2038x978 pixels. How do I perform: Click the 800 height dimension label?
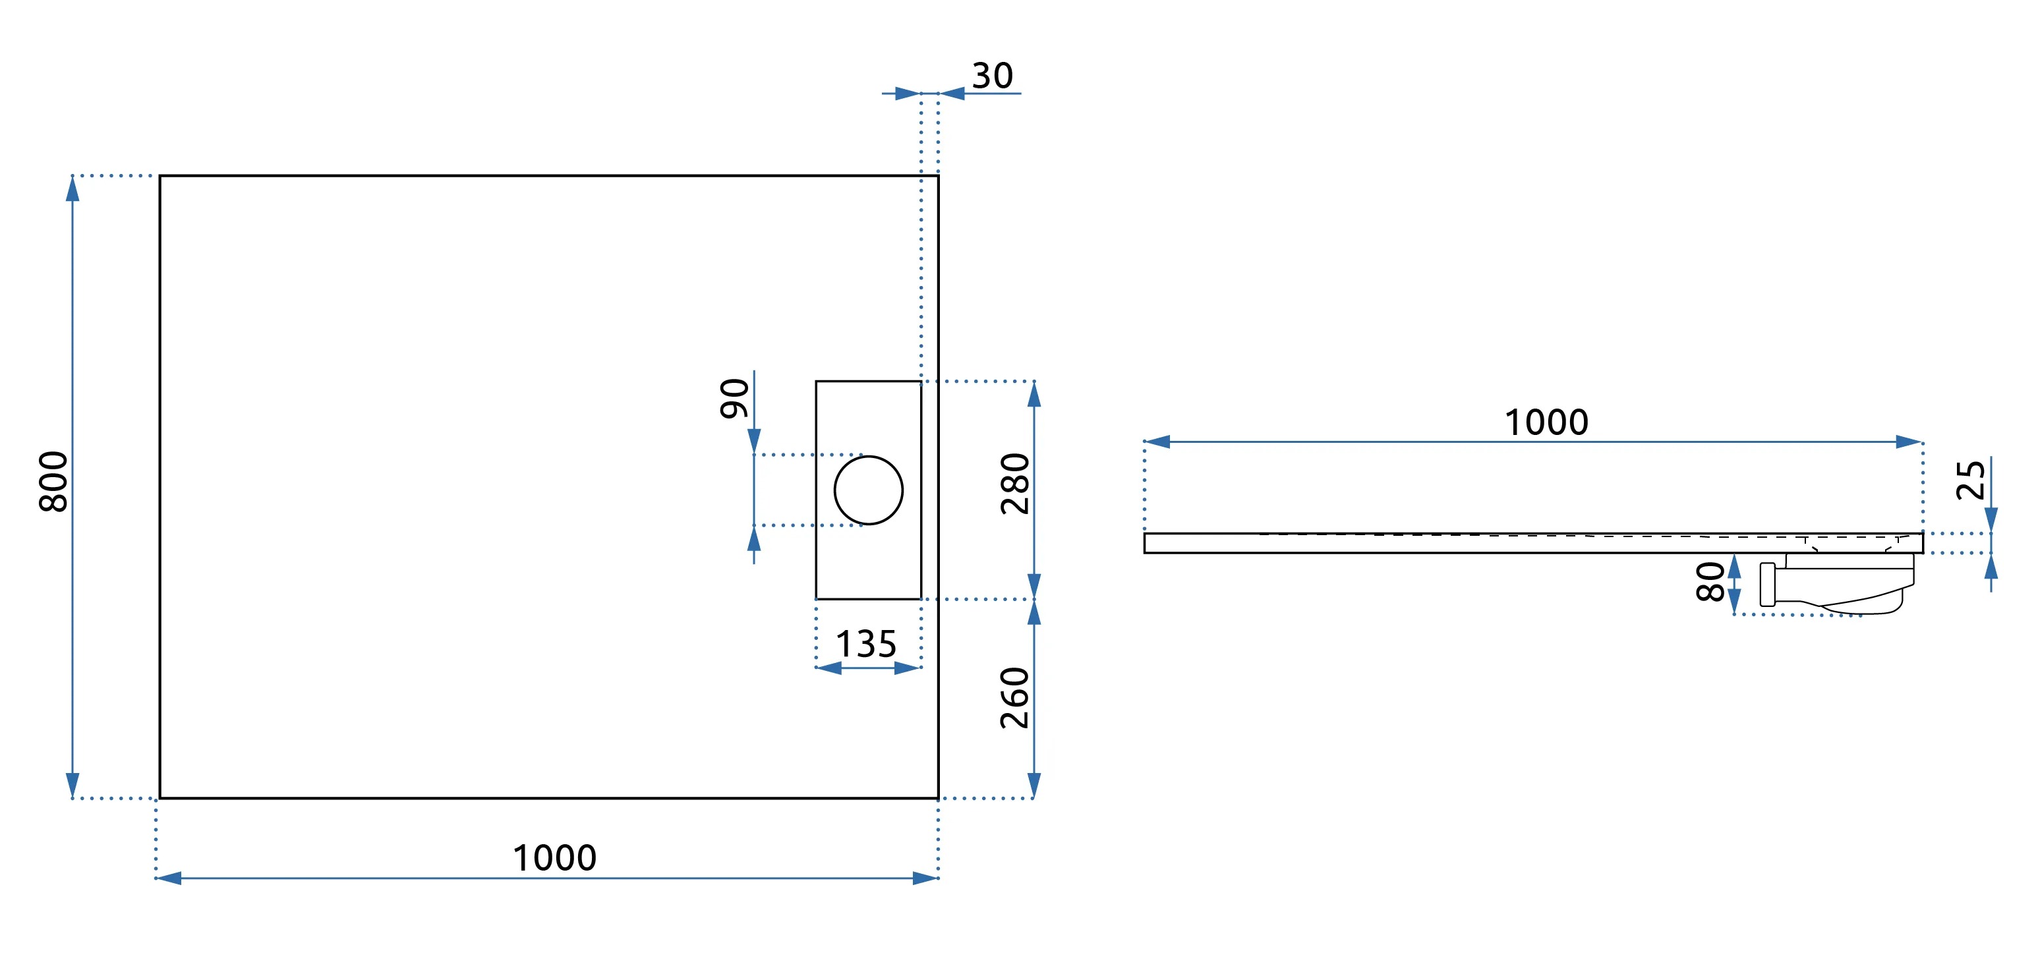tap(54, 481)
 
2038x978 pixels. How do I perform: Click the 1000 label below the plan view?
tap(554, 858)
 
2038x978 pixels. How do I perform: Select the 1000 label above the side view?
tap(1546, 422)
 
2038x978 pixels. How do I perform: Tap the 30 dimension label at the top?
tap(992, 76)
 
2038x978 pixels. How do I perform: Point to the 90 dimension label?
tap(734, 398)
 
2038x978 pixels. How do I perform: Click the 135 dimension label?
tap(866, 644)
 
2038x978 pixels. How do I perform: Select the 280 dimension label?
tap(1015, 484)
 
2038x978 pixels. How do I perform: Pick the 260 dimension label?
tap(1015, 698)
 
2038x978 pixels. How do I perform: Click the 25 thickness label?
tap(1970, 480)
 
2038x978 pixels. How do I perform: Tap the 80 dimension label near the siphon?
tap(1710, 583)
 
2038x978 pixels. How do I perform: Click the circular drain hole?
tap(868, 490)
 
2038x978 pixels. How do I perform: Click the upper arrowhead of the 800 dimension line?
tap(73, 188)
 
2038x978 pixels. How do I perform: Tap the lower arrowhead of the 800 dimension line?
tap(73, 786)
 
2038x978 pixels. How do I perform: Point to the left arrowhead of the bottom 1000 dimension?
tap(169, 878)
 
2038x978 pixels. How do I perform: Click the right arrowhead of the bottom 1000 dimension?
tap(925, 878)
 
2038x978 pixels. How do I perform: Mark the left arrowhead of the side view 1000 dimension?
tap(1157, 442)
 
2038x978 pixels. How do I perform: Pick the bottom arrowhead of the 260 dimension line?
tap(1034, 786)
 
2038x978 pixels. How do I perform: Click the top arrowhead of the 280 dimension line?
tap(1034, 394)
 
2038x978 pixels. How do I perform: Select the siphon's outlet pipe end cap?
tap(1767, 585)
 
